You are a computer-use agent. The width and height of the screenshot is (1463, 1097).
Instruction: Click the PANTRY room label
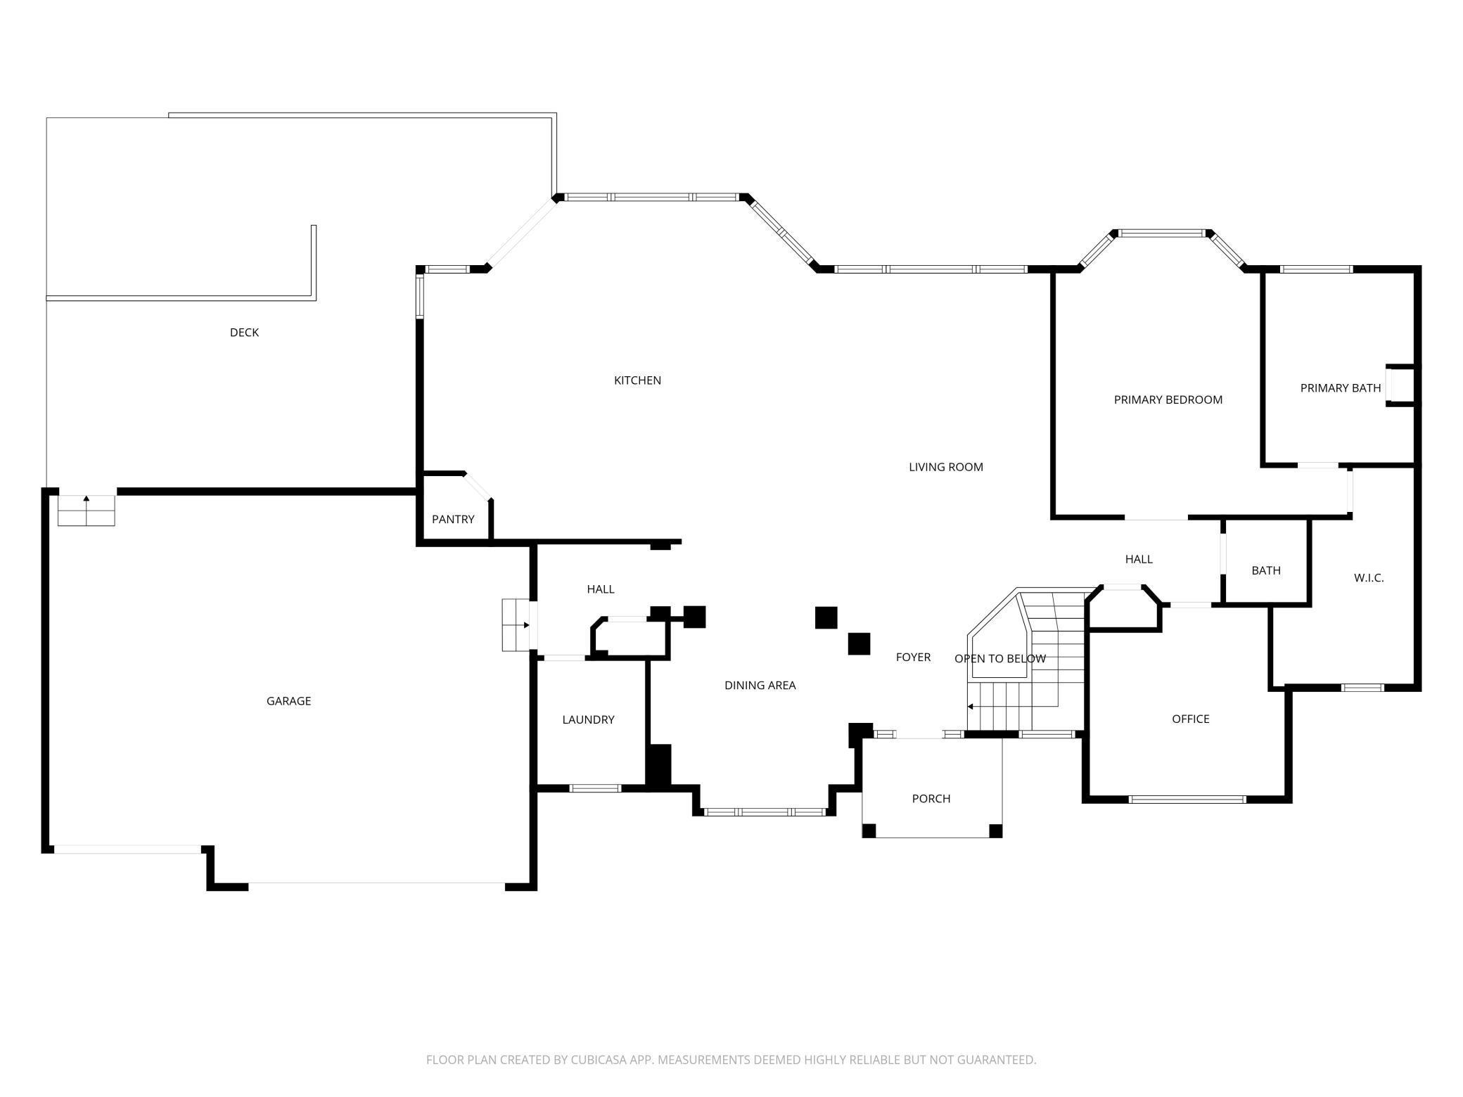click(453, 520)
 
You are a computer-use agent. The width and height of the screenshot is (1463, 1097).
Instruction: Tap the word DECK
click(244, 333)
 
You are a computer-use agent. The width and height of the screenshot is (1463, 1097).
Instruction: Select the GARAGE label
click(288, 701)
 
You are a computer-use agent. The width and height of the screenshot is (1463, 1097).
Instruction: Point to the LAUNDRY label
click(588, 720)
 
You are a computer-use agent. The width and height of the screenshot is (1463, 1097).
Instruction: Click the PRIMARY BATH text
click(1340, 388)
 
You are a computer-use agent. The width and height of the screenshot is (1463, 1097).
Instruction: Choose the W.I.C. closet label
click(1368, 578)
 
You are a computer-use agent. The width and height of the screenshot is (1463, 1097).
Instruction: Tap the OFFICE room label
click(1190, 719)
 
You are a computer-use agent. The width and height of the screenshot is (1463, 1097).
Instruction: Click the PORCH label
click(931, 799)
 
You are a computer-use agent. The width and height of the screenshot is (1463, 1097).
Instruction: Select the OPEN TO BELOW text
click(999, 659)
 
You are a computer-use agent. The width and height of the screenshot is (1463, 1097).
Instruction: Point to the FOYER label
click(913, 657)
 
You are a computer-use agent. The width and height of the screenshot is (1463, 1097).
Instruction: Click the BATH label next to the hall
click(1265, 571)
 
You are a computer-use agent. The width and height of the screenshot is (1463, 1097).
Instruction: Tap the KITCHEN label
click(637, 380)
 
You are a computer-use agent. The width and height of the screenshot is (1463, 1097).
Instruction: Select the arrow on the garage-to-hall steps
click(525, 625)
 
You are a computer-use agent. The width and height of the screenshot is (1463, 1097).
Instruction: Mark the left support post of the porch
click(869, 831)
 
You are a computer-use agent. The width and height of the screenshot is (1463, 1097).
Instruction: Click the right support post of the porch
click(995, 831)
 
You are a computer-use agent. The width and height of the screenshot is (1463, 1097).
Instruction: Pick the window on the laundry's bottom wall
click(595, 788)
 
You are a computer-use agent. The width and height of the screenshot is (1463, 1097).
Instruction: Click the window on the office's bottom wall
click(1187, 800)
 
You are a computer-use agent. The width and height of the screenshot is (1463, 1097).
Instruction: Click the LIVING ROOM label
click(945, 467)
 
